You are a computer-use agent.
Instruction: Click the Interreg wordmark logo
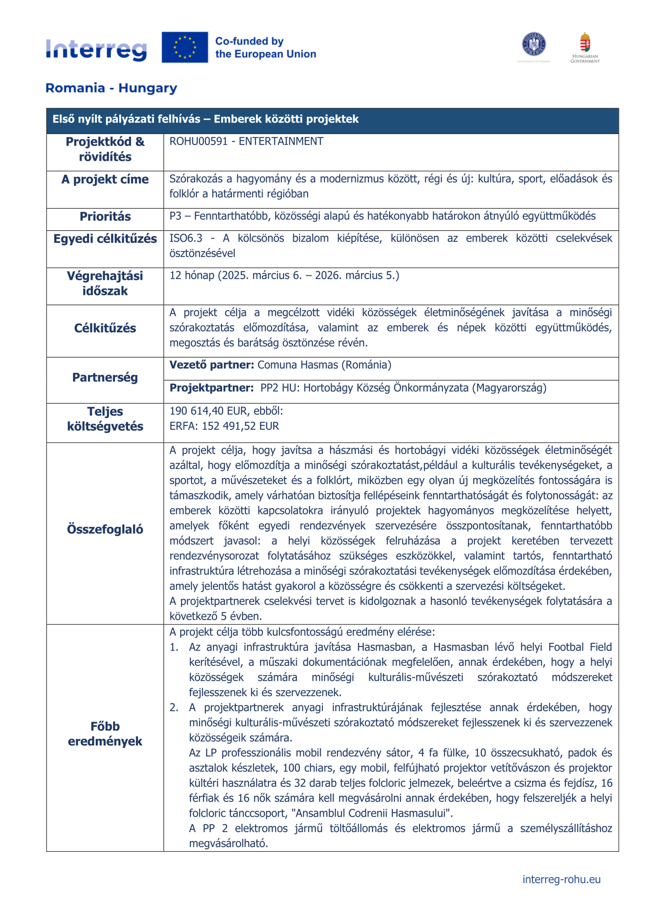pyautogui.click(x=96, y=49)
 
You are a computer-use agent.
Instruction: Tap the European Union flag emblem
pyautogui.click(x=184, y=48)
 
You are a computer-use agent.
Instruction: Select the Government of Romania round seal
pyautogui.click(x=533, y=44)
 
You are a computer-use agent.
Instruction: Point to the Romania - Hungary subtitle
pyautogui.click(x=111, y=88)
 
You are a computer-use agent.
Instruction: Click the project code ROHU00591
pyautogui.click(x=198, y=141)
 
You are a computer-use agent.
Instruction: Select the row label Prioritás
pyautogui.click(x=105, y=216)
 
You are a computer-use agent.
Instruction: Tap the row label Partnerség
pyautogui.click(x=105, y=377)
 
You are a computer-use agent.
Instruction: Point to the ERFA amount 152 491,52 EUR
pyautogui.click(x=240, y=426)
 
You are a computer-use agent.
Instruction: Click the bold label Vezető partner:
pyautogui.click(x=212, y=365)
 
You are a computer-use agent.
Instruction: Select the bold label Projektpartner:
pyautogui.click(x=212, y=388)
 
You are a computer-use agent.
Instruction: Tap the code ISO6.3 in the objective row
pyautogui.click(x=186, y=238)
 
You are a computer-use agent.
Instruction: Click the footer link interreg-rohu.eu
pyautogui.click(x=561, y=879)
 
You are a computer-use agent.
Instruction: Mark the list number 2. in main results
pyautogui.click(x=174, y=707)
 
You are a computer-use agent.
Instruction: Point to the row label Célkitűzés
pyautogui.click(x=105, y=328)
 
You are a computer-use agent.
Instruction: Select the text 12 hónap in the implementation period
pyautogui.click(x=192, y=275)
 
